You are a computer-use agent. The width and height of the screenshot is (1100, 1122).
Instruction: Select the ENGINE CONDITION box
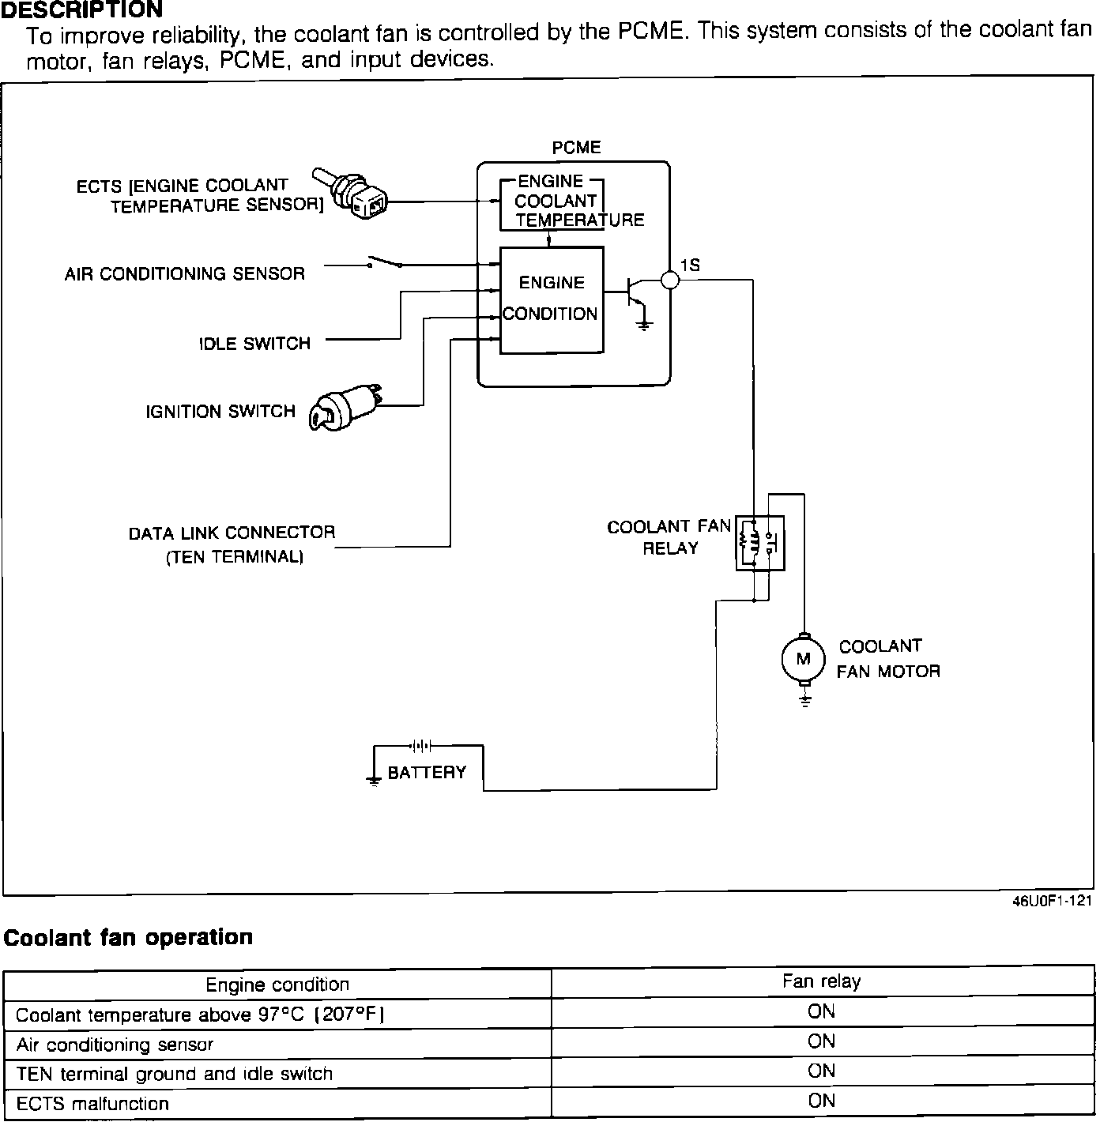552,299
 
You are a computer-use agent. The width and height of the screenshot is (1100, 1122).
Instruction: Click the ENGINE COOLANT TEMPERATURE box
552,202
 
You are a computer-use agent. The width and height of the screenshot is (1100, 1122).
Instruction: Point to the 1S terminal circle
669,280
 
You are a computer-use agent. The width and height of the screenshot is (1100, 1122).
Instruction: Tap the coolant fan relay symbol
759,543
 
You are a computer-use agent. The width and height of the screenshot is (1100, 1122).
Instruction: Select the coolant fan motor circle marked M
803,659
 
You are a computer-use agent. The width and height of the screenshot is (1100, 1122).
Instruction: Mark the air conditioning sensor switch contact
383,261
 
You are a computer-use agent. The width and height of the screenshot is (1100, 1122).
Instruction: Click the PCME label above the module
576,148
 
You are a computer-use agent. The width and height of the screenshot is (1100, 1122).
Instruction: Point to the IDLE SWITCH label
254,344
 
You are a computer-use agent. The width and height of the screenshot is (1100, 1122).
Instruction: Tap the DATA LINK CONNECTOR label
232,533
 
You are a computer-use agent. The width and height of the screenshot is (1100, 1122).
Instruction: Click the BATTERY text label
427,773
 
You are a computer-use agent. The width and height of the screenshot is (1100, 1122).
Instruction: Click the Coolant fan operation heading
129,938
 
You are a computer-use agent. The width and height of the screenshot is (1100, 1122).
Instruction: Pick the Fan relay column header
821,981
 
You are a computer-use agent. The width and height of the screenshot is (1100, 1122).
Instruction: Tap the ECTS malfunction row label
92,1104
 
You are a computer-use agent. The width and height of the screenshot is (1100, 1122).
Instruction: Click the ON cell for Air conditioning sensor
821,1041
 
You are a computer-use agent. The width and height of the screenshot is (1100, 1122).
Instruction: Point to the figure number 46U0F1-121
1053,902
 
